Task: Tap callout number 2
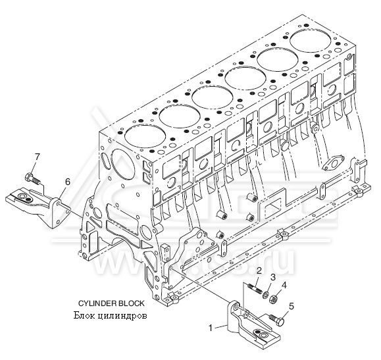point(259,270)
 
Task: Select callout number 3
point(272,277)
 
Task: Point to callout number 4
point(284,285)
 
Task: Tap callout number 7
point(38,156)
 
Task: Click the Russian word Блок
point(85,315)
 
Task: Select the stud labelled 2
point(255,287)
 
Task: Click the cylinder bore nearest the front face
point(143,137)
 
